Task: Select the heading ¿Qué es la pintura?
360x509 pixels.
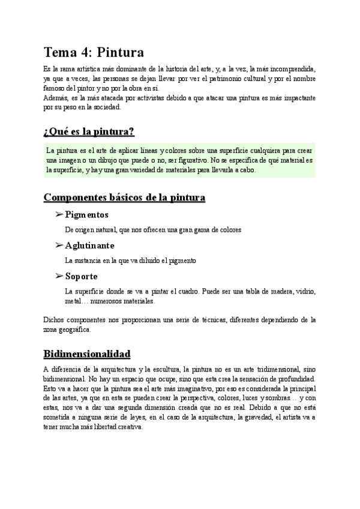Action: coord(89,131)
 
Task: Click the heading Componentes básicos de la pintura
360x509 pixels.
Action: coord(125,197)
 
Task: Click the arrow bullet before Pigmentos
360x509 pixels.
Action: coord(59,214)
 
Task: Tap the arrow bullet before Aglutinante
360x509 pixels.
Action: coord(59,245)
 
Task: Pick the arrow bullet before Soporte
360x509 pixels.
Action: coord(59,276)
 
